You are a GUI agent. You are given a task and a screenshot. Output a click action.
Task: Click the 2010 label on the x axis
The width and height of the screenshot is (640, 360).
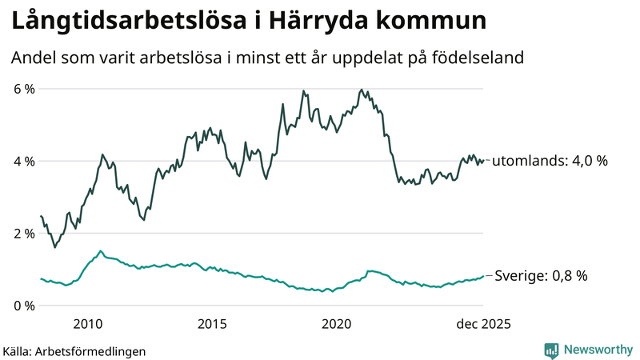tap(87, 324)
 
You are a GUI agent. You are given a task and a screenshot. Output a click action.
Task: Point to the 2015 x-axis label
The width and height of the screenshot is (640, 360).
tap(212, 324)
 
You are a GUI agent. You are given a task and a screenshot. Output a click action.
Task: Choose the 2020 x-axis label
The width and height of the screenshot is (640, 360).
tap(337, 324)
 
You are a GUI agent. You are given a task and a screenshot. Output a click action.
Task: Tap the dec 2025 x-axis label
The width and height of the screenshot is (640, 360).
tap(482, 324)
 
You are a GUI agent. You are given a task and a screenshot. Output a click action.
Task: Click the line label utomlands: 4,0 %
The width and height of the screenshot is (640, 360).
tap(550, 161)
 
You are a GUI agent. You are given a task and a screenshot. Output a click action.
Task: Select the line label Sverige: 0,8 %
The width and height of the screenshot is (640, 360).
tap(540, 276)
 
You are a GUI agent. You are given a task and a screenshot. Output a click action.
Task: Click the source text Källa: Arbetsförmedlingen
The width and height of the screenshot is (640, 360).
tap(74, 350)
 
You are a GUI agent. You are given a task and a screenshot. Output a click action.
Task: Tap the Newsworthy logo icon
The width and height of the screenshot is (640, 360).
tap(551, 350)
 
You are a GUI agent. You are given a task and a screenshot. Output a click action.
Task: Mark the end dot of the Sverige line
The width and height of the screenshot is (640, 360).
tap(483, 276)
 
